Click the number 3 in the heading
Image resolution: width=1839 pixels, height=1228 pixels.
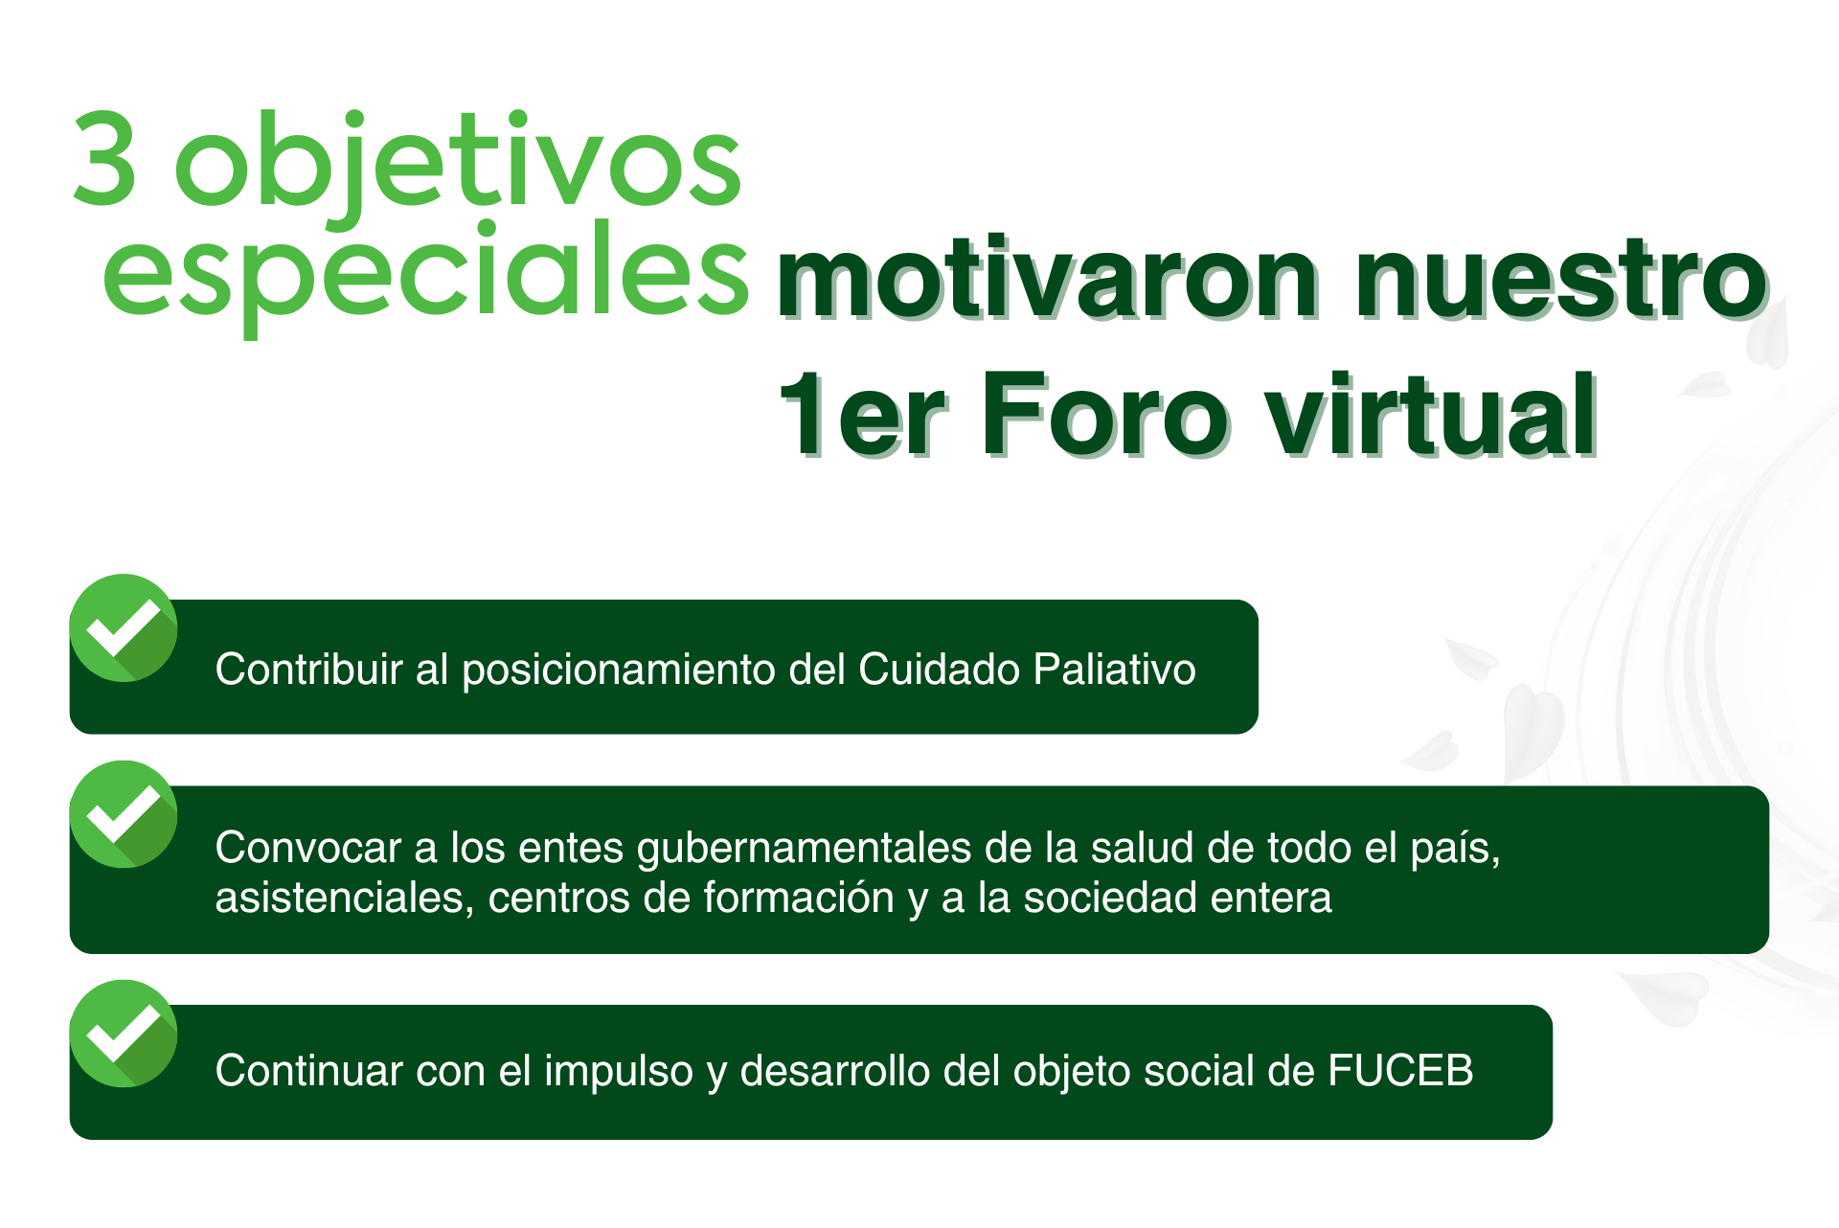104,158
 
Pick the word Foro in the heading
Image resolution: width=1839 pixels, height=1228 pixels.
1104,415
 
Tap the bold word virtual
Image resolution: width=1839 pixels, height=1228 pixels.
1432,415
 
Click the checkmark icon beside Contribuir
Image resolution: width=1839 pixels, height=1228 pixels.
124,627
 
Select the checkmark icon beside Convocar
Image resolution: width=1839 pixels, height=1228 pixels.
124,814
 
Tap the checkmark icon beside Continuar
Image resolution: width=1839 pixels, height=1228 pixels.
124,1034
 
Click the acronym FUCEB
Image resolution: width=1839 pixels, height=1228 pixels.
1400,1071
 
